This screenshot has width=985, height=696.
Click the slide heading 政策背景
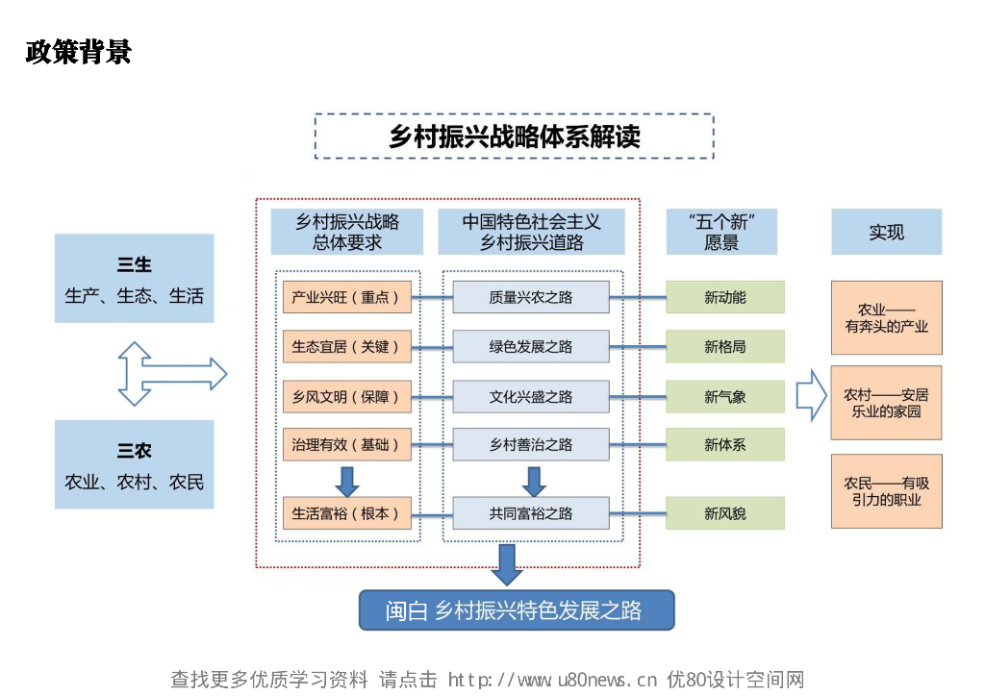(79, 52)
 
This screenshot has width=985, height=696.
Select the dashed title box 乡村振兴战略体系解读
(514, 137)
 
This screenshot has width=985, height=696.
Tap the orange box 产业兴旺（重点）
(347, 297)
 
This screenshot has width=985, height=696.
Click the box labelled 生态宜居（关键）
(347, 346)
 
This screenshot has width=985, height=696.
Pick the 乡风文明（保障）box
(347, 397)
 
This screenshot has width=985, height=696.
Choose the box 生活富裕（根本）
(347, 513)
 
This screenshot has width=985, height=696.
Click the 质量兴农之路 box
(531, 297)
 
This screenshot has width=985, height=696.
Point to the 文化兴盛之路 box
(531, 397)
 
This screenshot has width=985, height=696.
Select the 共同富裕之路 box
(531, 513)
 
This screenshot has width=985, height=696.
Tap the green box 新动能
(725, 297)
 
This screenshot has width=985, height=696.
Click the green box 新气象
(725, 397)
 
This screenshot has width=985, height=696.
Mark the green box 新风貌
(725, 513)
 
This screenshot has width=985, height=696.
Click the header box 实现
(886, 232)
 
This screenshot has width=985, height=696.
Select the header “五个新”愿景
(721, 232)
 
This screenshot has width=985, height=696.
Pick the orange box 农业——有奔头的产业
(886, 317)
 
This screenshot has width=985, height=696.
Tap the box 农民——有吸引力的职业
(886, 491)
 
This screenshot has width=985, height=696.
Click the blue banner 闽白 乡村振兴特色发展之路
(517, 610)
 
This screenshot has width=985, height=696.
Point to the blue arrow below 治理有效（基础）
(346, 482)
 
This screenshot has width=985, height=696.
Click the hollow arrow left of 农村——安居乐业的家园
(811, 395)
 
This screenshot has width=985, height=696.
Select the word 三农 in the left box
(134, 451)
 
